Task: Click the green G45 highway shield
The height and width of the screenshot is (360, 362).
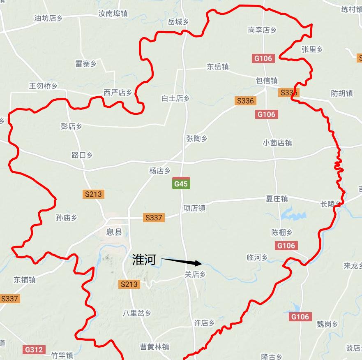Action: (x=181, y=183)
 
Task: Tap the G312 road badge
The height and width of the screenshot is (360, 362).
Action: (x=33, y=350)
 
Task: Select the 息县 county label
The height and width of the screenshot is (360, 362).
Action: (x=114, y=232)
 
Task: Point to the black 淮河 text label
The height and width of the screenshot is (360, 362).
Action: (x=144, y=259)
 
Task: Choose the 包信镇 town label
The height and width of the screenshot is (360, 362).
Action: (x=267, y=81)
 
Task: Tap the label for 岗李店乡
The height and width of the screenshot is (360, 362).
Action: (x=262, y=30)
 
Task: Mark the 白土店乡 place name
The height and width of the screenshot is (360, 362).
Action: (x=175, y=98)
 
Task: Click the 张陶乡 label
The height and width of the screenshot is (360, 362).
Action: (x=196, y=139)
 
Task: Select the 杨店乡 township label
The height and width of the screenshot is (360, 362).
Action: (x=159, y=171)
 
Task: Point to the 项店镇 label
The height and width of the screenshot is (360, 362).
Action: (x=194, y=208)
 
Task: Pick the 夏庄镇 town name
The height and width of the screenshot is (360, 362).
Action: (x=277, y=199)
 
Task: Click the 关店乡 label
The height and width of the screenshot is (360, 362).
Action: (x=194, y=274)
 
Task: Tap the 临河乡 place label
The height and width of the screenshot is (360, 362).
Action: (x=257, y=258)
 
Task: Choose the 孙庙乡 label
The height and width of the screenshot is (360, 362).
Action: (x=66, y=218)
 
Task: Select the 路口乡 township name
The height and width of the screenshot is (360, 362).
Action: (x=82, y=155)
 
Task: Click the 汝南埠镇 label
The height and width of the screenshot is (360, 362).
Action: (x=113, y=14)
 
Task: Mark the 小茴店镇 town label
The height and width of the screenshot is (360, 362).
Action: (x=277, y=143)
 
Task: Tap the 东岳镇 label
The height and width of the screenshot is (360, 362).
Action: (x=218, y=66)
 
